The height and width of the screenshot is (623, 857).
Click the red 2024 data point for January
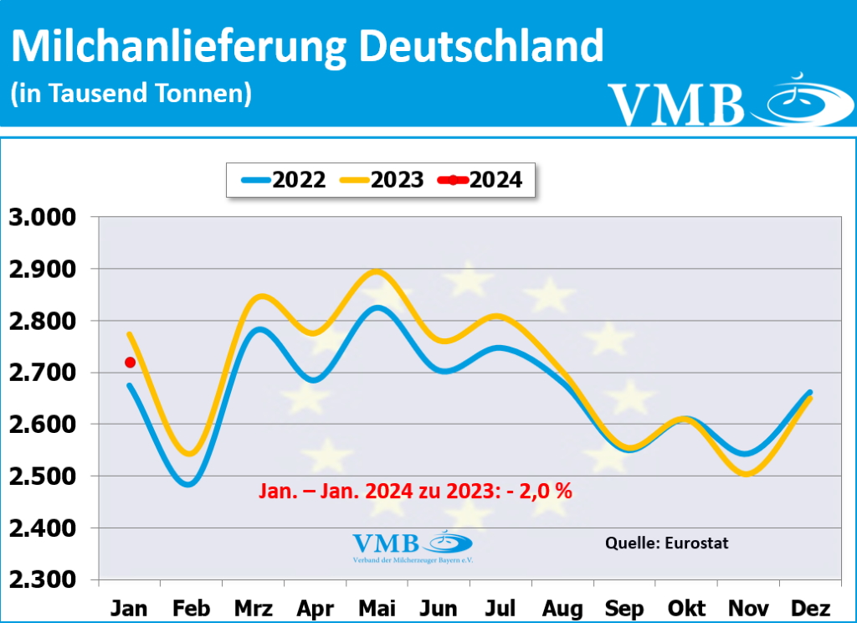tap(130, 362)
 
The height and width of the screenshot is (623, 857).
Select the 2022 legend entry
tap(285, 179)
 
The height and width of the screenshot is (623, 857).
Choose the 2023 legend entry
tap(382, 179)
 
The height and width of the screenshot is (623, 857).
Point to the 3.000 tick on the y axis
tap(42, 218)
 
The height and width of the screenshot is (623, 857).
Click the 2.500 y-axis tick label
tap(42, 476)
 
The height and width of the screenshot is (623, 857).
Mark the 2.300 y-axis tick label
tap(42, 580)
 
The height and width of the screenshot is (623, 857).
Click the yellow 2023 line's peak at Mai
tap(377, 270)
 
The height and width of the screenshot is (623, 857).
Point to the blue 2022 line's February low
tap(188, 484)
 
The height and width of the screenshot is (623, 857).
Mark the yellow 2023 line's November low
tap(747, 474)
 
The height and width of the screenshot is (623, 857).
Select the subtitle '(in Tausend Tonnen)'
tap(131, 93)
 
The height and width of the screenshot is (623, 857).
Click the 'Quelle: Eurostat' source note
tap(666, 543)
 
